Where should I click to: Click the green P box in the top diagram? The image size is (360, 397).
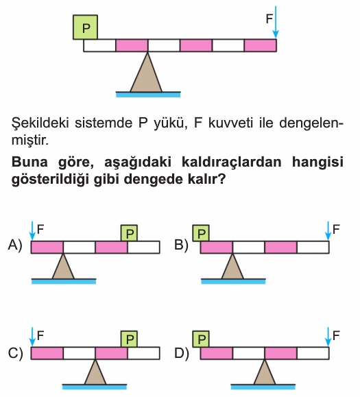(x=85, y=27)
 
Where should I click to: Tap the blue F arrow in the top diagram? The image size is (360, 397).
(x=276, y=22)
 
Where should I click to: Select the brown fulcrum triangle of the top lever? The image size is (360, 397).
(x=146, y=72)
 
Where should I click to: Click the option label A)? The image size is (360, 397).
(x=15, y=245)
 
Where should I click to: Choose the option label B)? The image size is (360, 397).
(x=181, y=245)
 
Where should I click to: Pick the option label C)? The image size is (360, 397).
(x=15, y=353)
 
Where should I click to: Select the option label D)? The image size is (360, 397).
(x=182, y=353)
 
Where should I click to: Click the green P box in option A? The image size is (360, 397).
(x=129, y=233)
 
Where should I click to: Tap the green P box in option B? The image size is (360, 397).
(x=201, y=233)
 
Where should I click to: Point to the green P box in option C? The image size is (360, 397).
(x=129, y=339)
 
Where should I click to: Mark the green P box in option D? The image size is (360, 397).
(x=201, y=339)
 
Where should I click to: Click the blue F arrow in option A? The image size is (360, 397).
(x=32, y=230)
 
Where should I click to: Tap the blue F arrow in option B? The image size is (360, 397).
(x=328, y=230)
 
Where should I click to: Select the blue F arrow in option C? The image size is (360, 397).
(x=32, y=337)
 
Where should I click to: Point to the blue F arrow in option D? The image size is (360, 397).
(x=328, y=337)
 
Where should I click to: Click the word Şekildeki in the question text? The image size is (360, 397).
(x=40, y=123)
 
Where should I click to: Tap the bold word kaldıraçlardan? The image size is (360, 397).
(x=231, y=162)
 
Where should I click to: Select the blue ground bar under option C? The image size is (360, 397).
(x=95, y=387)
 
